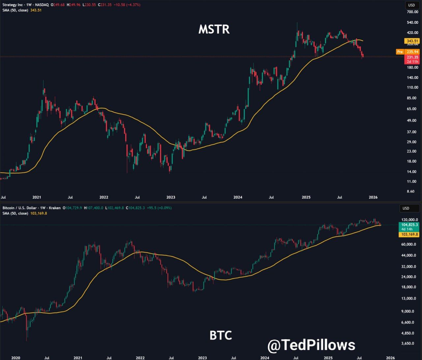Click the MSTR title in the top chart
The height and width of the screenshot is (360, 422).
pyautogui.click(x=214, y=29)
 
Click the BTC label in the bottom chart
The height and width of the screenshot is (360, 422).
pyautogui.click(x=221, y=335)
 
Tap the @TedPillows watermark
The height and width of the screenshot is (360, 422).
pyautogui.click(x=311, y=345)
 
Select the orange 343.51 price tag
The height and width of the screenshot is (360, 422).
pyautogui.click(x=412, y=41)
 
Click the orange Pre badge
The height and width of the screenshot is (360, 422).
pyautogui.click(x=400, y=52)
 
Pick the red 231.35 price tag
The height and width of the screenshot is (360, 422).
pyautogui.click(x=412, y=57)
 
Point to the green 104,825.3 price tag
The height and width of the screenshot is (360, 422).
pyautogui.click(x=409, y=225)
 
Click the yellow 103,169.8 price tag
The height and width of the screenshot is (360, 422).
pyautogui.click(x=409, y=234)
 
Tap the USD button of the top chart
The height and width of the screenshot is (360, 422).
pyautogui.click(x=411, y=5)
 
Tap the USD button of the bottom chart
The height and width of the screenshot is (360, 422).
pyautogui.click(x=406, y=208)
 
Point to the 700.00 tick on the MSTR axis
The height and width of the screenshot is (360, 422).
pyautogui.click(x=412, y=12)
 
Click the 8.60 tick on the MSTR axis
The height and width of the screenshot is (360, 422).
pyautogui.click(x=410, y=191)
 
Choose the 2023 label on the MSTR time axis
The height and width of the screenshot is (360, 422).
pyautogui.click(x=171, y=197)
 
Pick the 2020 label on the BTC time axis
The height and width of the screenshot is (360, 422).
pyautogui.click(x=15, y=358)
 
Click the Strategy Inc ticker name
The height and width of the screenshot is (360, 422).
pyautogui.click(x=12, y=5)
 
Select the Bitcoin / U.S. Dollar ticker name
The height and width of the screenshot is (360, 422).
pyautogui.click(x=19, y=208)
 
